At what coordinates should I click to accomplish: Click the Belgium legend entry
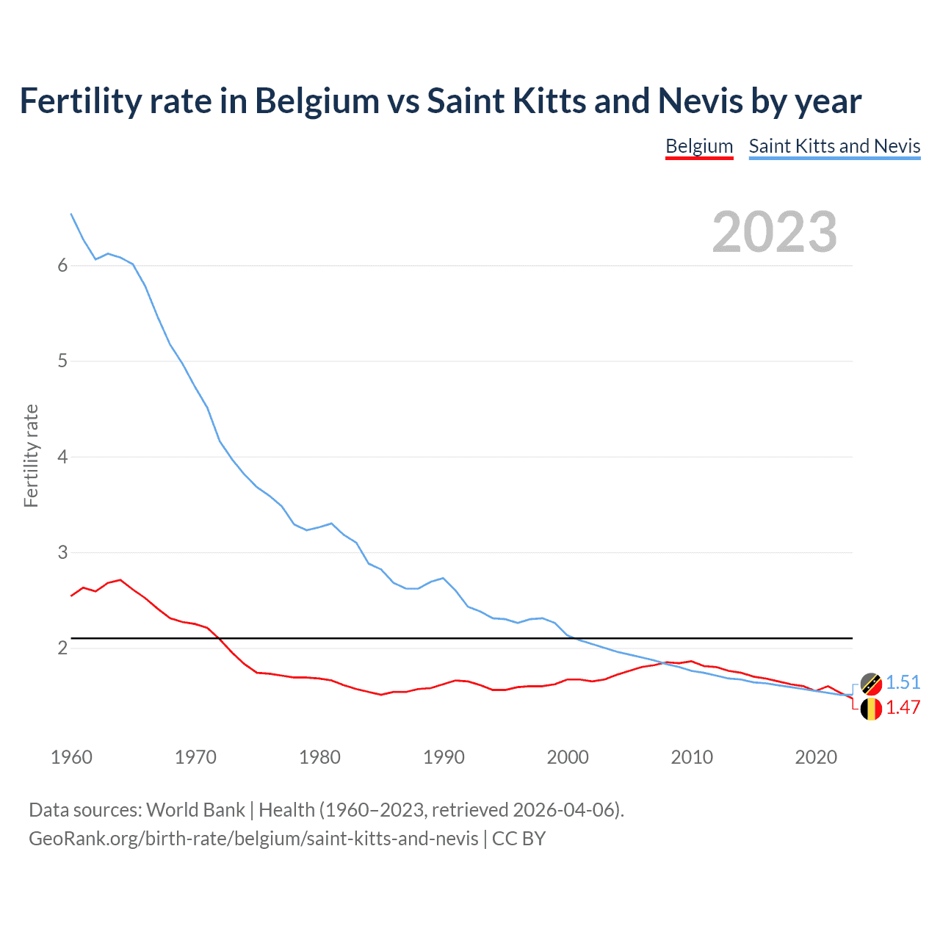point(699,146)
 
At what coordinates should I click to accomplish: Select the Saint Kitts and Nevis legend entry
point(834,146)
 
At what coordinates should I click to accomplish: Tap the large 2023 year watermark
point(774,232)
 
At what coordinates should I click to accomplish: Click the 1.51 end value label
point(903,682)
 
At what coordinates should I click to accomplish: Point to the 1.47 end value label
point(903,707)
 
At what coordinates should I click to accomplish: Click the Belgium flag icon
point(871,709)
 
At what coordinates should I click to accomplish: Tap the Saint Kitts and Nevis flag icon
point(871,684)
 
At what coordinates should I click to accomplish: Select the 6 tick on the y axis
point(62,265)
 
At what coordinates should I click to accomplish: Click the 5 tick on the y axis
point(62,361)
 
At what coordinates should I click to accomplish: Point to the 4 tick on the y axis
point(62,457)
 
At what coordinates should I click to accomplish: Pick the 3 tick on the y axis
point(62,552)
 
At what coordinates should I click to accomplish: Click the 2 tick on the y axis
point(62,648)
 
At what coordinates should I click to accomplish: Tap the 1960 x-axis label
point(71,757)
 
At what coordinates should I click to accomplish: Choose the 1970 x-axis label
point(195,757)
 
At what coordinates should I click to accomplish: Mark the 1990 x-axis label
point(444,757)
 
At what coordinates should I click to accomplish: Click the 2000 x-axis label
point(568,757)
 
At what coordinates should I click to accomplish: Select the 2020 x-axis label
point(816,757)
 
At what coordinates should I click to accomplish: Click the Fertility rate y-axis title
point(31,456)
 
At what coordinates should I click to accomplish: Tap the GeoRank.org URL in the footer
point(253,838)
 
